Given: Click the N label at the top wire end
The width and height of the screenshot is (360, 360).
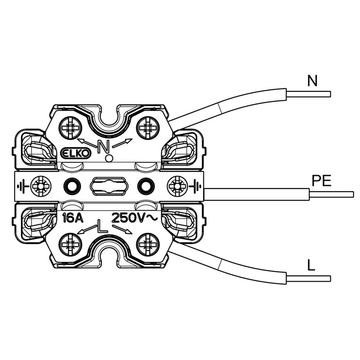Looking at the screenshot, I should tap(312, 81).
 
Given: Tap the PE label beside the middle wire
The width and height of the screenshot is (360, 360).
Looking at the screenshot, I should tap(321, 181).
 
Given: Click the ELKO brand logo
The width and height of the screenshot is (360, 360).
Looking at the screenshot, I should tap(76, 153).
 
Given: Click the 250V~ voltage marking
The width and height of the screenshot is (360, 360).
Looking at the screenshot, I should tap(134, 218).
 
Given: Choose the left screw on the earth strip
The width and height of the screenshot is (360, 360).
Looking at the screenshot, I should tap(40, 185).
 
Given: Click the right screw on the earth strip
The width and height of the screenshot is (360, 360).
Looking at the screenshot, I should tap(177, 185).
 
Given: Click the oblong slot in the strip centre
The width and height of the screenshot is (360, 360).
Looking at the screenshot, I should tap(108, 185).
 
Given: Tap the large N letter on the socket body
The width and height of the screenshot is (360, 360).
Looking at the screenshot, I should tap(104, 147).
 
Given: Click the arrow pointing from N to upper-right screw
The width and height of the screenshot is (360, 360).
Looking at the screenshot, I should tap(122, 143).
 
